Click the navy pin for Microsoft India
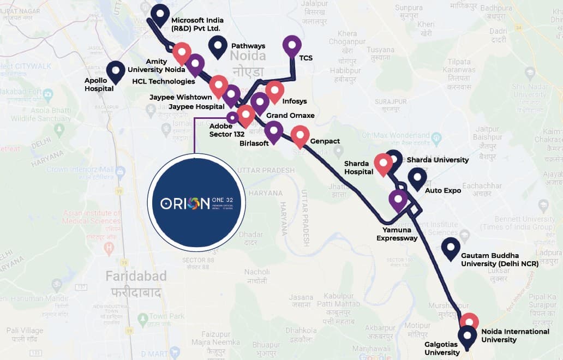160,15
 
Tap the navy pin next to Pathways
218,46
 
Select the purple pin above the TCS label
292,46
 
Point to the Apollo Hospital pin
115,70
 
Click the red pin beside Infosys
274,91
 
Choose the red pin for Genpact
300,136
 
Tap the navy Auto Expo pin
417,178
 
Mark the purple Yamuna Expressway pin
398,200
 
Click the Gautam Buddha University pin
451,248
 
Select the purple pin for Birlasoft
273,131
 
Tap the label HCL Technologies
164,82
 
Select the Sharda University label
438,160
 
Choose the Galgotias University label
442,348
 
